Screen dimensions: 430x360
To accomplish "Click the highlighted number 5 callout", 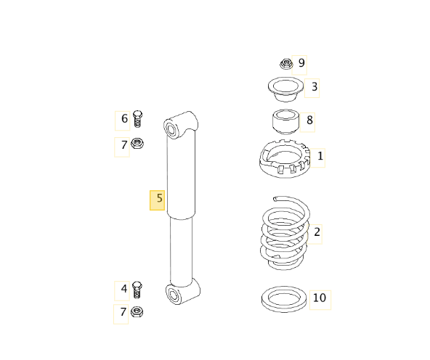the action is (x=157, y=200).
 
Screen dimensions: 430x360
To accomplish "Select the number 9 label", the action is (x=299, y=65).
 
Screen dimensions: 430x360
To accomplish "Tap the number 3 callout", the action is (x=312, y=88).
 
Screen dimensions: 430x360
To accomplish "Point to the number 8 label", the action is (x=307, y=122).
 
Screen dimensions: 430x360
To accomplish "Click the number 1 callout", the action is (x=317, y=157).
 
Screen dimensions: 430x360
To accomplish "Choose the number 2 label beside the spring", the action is (x=315, y=234).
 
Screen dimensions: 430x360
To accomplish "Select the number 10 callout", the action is (x=320, y=300).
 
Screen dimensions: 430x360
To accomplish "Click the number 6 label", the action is (x=122, y=120).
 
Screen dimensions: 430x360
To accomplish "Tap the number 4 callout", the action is (x=122, y=290).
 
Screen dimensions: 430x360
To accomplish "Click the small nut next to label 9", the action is (x=286, y=64).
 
